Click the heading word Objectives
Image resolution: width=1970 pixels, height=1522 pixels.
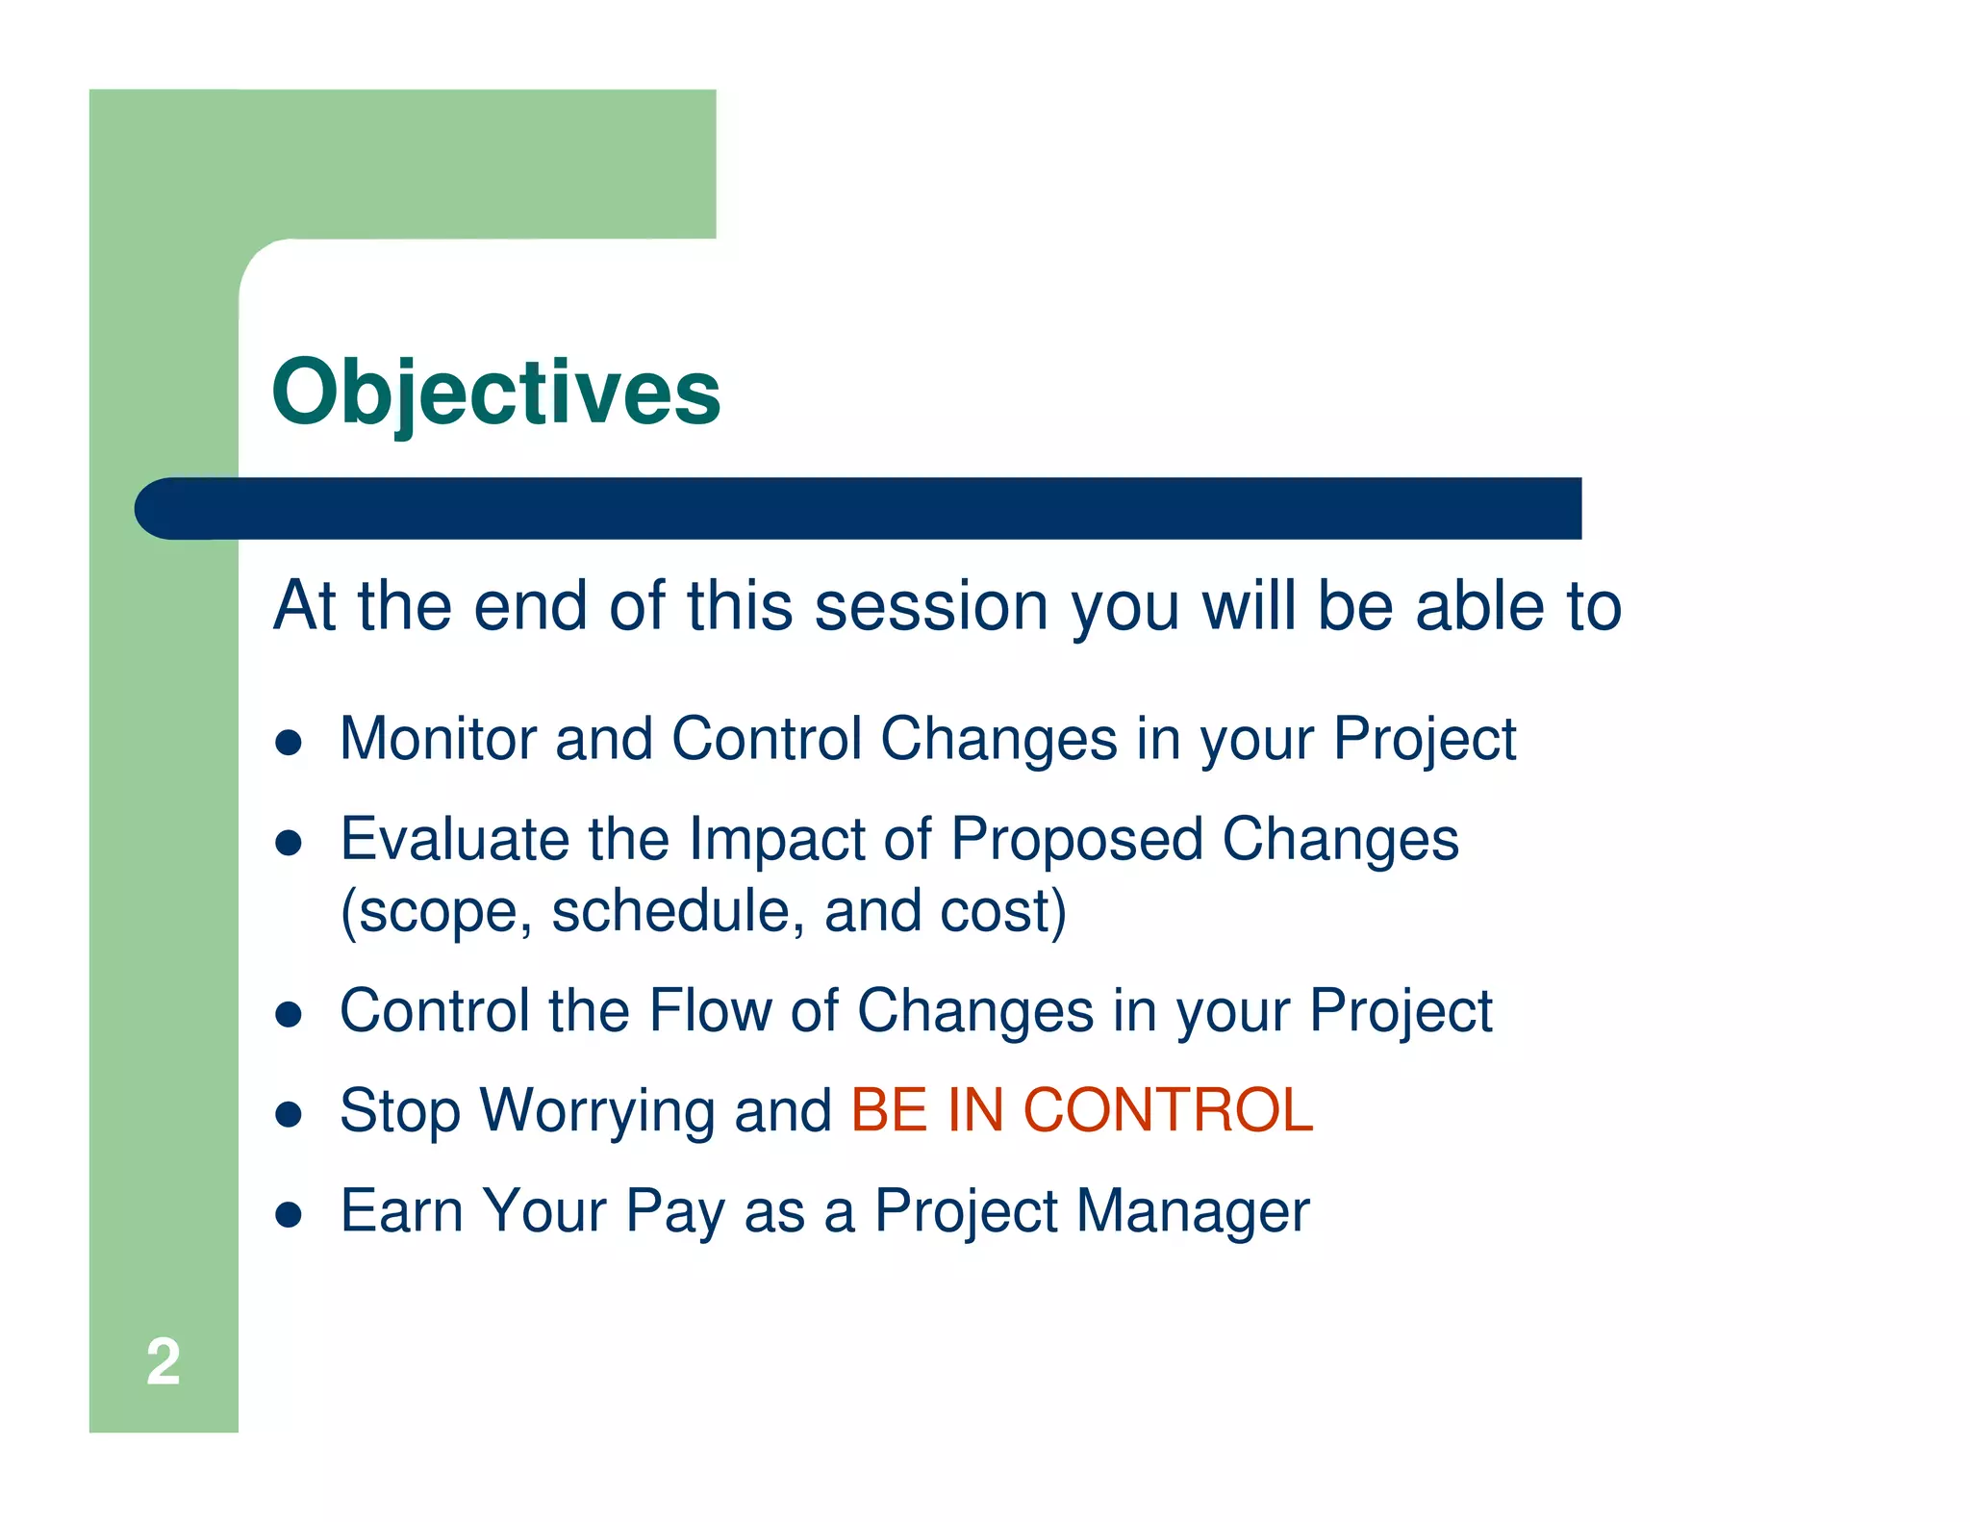click(495, 393)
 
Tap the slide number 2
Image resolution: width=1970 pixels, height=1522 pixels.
click(163, 1362)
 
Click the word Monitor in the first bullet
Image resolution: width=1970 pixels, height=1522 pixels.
click(438, 739)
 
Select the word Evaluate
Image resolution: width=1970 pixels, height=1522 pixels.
click(455, 839)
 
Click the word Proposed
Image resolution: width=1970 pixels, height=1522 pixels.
click(1076, 839)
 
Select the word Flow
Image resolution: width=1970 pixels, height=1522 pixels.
click(710, 1011)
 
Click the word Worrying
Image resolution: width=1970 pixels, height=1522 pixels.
click(596, 1111)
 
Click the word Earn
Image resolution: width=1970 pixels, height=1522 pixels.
click(402, 1210)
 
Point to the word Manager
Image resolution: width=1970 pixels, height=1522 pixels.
click(1193, 1210)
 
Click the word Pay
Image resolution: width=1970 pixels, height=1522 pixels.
click(675, 1212)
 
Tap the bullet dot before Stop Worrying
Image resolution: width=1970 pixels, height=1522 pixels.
click(289, 1114)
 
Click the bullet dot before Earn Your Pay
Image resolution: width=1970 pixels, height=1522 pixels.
click(289, 1214)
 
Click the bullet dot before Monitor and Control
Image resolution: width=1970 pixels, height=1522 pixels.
click(289, 743)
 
